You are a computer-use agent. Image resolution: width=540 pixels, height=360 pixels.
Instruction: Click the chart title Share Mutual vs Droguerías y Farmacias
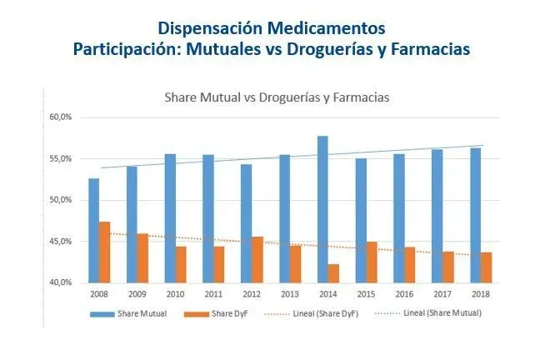[x=277, y=97]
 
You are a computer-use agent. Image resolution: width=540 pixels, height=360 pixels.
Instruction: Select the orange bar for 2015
[x=372, y=262]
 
